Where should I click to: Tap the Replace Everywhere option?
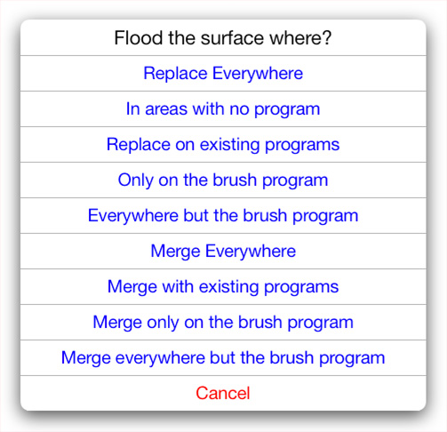223,74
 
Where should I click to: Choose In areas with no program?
223,109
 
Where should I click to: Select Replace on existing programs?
223,145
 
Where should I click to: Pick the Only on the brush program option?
223,180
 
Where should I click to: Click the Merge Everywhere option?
223,252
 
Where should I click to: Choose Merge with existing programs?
223,287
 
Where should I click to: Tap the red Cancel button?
223,393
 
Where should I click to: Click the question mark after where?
327,38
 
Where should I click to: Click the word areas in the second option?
166,109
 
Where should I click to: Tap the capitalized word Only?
135,180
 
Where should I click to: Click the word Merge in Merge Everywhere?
175,252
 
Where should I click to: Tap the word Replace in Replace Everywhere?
175,74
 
